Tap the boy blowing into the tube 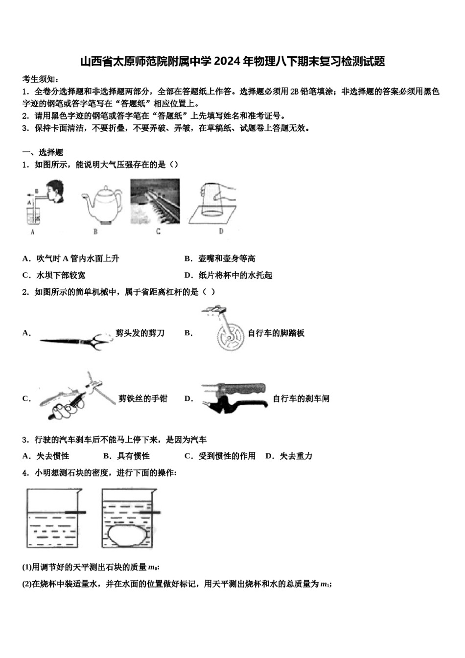[x=55, y=192]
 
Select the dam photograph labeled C [x=155, y=201]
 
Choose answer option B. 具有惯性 [x=127, y=456]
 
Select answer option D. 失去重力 [x=289, y=456]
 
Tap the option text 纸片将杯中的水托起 [x=235, y=275]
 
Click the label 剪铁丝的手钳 [x=143, y=399]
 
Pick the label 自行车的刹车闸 [x=301, y=399]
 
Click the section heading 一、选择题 [x=43, y=152]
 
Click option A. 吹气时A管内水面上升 [x=71, y=258]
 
